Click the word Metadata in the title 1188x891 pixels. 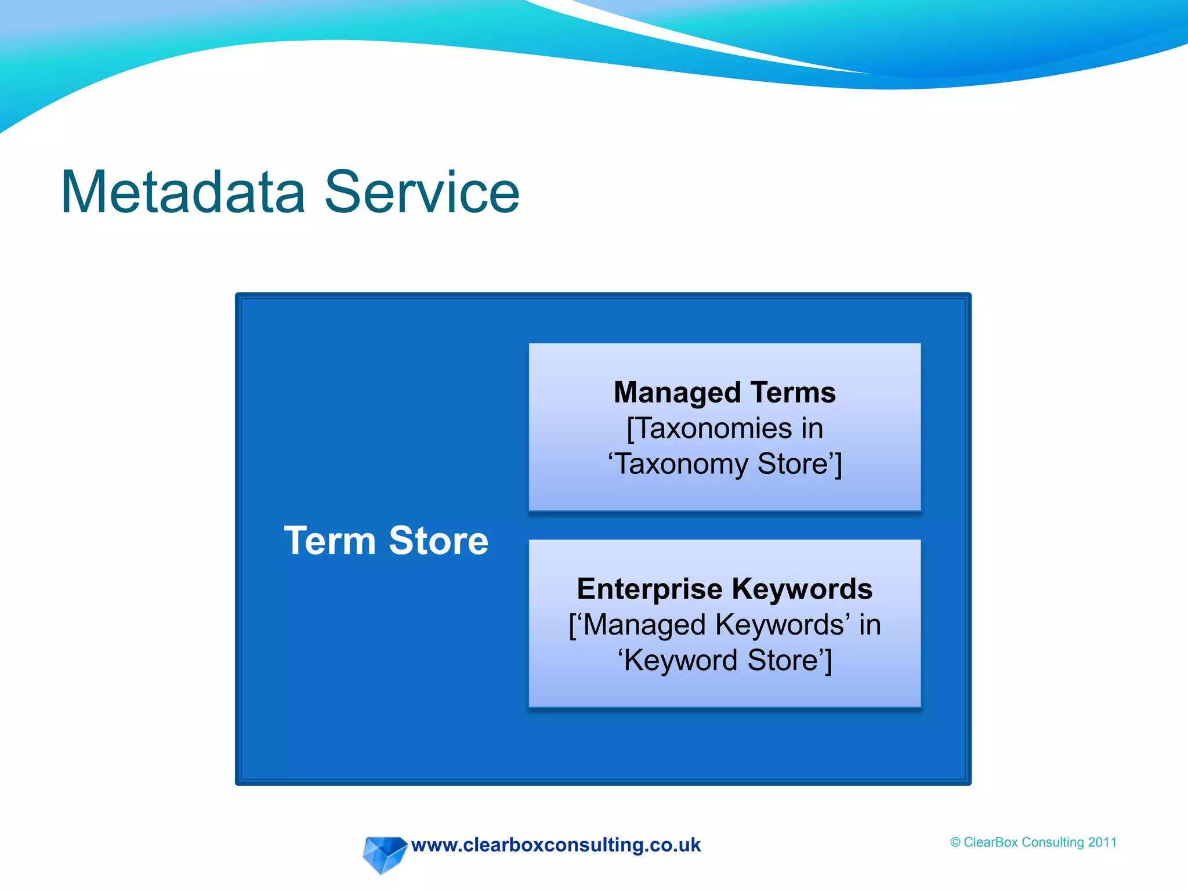point(183,193)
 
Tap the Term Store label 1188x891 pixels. point(386,541)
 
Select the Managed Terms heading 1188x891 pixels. point(725,393)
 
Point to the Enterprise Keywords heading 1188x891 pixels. point(725,589)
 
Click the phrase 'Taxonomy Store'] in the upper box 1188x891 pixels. point(725,465)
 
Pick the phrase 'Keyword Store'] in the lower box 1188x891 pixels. point(725,661)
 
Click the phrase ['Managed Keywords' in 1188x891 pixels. point(725,625)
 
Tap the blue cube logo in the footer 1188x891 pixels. point(383,854)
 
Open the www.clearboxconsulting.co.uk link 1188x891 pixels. point(556,845)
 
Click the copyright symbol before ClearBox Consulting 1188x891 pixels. point(955,842)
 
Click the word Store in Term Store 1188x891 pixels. point(439,541)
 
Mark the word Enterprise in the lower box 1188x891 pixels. point(650,589)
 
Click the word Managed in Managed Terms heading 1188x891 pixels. point(676,393)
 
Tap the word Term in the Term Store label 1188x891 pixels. point(329,541)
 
